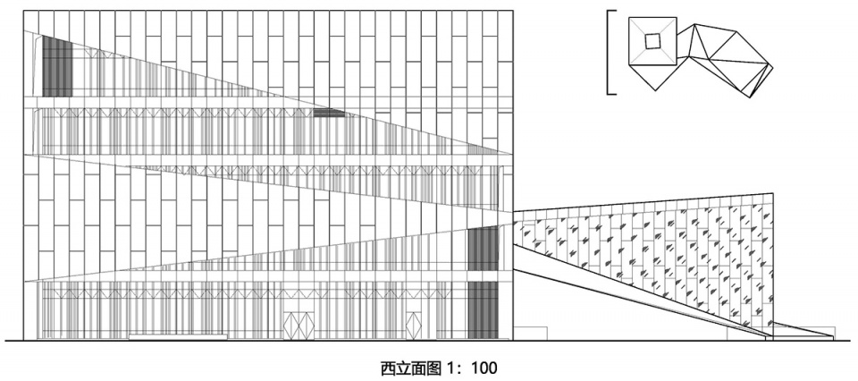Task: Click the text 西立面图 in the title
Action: (x=410, y=368)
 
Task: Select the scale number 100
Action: (x=484, y=368)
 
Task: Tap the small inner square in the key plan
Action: (x=652, y=40)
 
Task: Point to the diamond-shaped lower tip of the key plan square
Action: (x=655, y=90)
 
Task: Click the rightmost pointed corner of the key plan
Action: (x=772, y=68)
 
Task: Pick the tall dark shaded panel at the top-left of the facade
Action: (x=57, y=66)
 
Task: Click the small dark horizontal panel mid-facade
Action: (x=329, y=113)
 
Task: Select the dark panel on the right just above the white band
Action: (x=484, y=248)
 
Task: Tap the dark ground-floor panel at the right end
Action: (x=484, y=309)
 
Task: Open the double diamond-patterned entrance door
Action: (x=299, y=326)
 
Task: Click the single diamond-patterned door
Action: (x=414, y=326)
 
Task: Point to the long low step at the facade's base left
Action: (x=178, y=337)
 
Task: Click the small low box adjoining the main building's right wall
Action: (x=530, y=334)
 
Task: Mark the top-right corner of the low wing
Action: (x=772, y=193)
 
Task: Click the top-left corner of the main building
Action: (x=23, y=11)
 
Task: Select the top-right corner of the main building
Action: (x=513, y=11)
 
